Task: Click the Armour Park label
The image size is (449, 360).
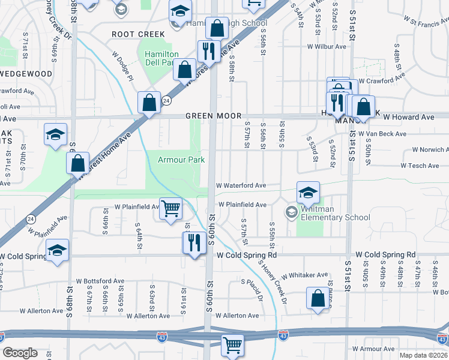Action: tap(181, 160)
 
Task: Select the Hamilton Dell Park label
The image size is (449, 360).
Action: tap(161, 58)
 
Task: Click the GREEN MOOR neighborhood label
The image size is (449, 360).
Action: tap(213, 116)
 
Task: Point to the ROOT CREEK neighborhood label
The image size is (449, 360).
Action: tap(138, 34)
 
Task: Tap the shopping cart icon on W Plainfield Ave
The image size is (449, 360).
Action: tap(171, 209)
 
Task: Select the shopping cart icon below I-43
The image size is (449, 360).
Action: tap(232, 345)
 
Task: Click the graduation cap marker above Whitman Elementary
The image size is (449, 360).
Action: tap(308, 193)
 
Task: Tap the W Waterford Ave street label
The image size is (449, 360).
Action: tap(241, 186)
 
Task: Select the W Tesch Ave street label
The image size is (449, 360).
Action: tap(420, 166)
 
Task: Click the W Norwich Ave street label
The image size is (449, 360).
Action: tap(430, 149)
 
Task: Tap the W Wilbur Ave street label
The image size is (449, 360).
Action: tap(327, 46)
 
